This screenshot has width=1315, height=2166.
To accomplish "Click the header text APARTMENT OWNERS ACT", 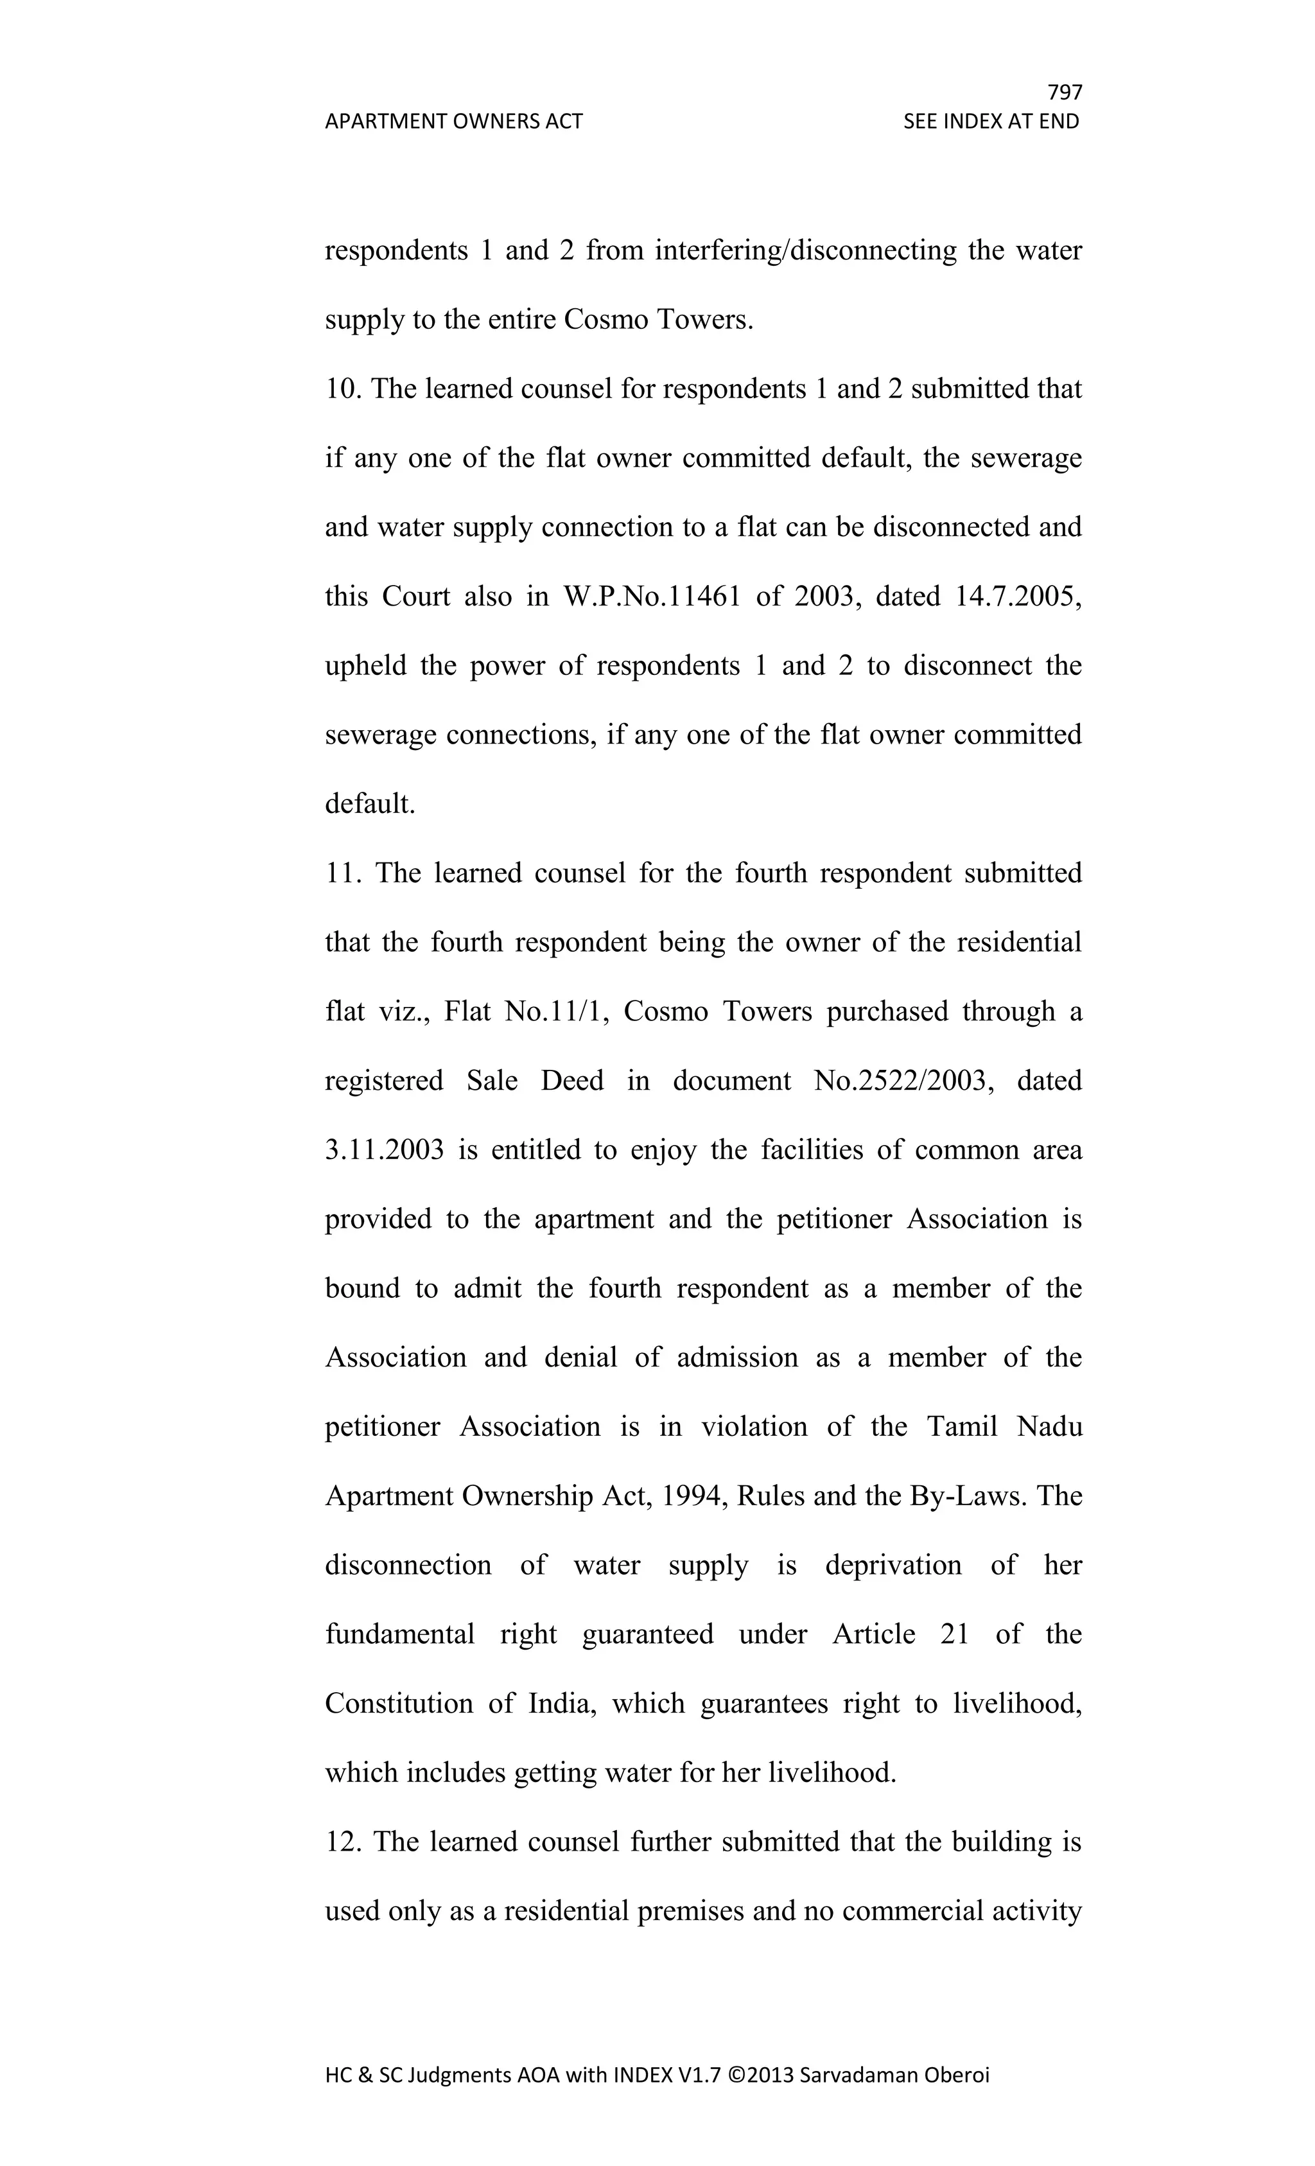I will point(453,121).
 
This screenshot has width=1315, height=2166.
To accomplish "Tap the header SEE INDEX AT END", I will point(991,121).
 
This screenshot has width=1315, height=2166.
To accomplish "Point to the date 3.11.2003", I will point(384,1150).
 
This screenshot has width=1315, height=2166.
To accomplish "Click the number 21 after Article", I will point(955,1634).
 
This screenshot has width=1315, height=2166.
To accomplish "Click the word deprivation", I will point(893,1565).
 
